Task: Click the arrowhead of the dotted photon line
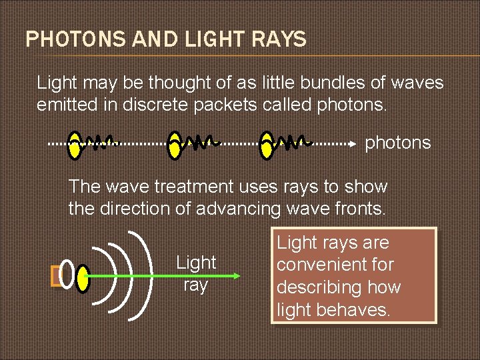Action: (x=353, y=143)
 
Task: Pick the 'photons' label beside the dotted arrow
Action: (x=397, y=143)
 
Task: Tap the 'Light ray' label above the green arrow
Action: (x=196, y=274)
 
